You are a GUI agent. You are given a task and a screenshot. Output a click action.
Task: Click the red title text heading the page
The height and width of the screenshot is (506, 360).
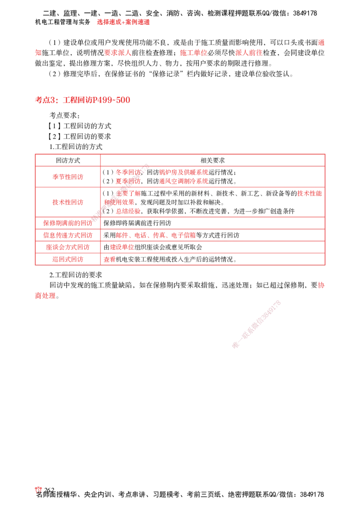[123, 22]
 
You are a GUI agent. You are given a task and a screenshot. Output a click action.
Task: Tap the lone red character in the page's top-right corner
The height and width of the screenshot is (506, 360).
[321, 43]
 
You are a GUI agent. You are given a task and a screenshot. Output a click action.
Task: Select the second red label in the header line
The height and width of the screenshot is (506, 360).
[118, 53]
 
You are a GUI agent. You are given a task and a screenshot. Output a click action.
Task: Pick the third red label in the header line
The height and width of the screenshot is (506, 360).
[193, 53]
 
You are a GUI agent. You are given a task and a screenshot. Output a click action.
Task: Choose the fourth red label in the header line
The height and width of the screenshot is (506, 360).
[248, 53]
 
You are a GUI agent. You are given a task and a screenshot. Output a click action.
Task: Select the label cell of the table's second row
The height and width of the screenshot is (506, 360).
[67, 177]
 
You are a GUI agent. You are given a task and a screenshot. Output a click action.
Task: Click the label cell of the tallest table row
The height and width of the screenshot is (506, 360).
[67, 203]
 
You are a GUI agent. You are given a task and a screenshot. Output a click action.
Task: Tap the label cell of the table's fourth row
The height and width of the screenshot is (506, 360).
[67, 223]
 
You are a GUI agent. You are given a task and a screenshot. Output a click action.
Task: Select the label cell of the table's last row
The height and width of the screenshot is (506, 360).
[67, 259]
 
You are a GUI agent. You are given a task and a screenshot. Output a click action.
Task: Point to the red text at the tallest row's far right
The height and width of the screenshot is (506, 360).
[310, 194]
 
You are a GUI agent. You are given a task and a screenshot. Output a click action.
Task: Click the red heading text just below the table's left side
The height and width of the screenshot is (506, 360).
[45, 296]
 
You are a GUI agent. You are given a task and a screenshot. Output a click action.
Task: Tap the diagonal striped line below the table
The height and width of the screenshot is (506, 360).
[256, 323]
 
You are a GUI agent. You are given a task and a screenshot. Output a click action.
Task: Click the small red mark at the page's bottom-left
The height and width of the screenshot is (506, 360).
[38, 490]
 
